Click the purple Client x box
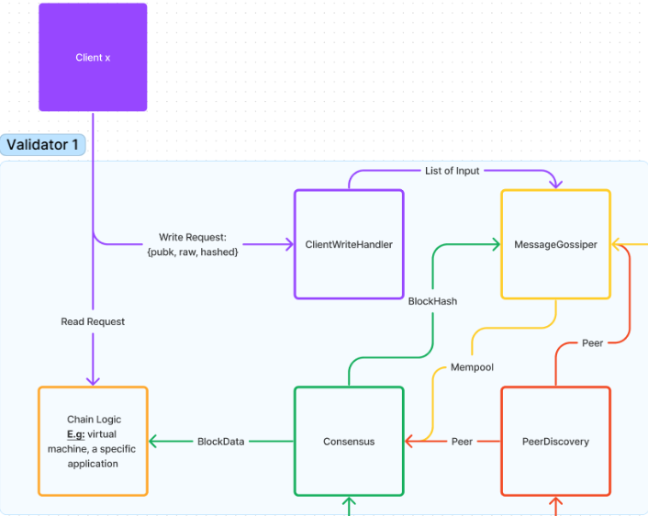(x=93, y=58)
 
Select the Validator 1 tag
(x=42, y=145)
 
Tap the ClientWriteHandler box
(x=349, y=244)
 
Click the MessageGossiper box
(x=556, y=244)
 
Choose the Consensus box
(x=349, y=441)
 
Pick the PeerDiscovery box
(x=556, y=441)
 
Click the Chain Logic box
(x=93, y=441)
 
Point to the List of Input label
(x=452, y=171)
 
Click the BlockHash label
(x=432, y=301)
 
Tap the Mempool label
(x=472, y=367)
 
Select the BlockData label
(x=220, y=442)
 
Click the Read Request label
(x=93, y=321)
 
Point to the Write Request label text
(x=193, y=244)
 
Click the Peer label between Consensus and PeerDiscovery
(x=462, y=442)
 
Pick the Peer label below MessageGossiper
(x=593, y=343)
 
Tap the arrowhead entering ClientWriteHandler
(x=289, y=244)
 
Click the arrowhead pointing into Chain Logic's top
(x=93, y=381)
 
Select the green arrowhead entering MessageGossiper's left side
(x=496, y=244)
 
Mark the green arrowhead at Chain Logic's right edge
(x=153, y=442)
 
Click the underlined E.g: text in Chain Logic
(x=75, y=434)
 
